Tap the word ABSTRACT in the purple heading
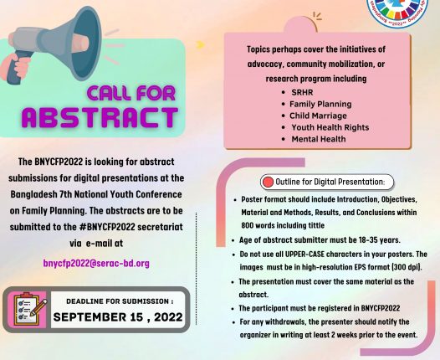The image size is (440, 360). [100, 117]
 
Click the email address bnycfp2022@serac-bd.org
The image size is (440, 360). [96, 264]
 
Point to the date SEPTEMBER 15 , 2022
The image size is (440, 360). [118, 317]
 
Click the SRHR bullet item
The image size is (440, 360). [302, 92]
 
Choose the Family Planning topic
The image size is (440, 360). [320, 104]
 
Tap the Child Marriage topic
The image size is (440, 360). [318, 116]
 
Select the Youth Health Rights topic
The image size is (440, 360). [330, 127]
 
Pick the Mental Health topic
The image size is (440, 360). [319, 139]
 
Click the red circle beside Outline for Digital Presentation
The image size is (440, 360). [268, 182]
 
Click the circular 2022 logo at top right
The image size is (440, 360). [398, 10]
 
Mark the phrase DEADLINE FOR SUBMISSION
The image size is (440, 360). [117, 301]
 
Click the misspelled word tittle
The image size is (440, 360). [316, 225]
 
